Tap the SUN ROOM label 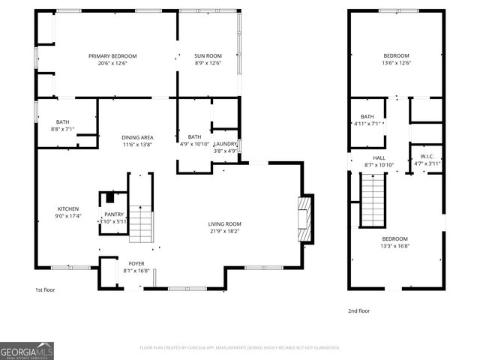pyautogui.click(x=208, y=55)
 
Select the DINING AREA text pyautogui.click(x=137, y=137)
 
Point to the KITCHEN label pyautogui.click(x=68, y=208)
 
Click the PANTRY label pyautogui.click(x=114, y=214)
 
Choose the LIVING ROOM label pyautogui.click(x=224, y=223)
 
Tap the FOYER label pyautogui.click(x=136, y=264)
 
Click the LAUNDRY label pyautogui.click(x=226, y=143)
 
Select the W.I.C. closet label pyautogui.click(x=427, y=157)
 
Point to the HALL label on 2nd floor pyautogui.click(x=379, y=157)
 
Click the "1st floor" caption pyautogui.click(x=45, y=289)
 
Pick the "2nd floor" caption pyautogui.click(x=358, y=310)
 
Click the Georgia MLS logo pyautogui.click(x=27, y=350)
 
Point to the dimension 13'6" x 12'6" pyautogui.click(x=397, y=63)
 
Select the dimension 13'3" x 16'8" pyautogui.click(x=396, y=245)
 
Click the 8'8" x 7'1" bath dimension pyautogui.click(x=63, y=129)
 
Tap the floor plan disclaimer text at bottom pyautogui.click(x=240, y=347)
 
